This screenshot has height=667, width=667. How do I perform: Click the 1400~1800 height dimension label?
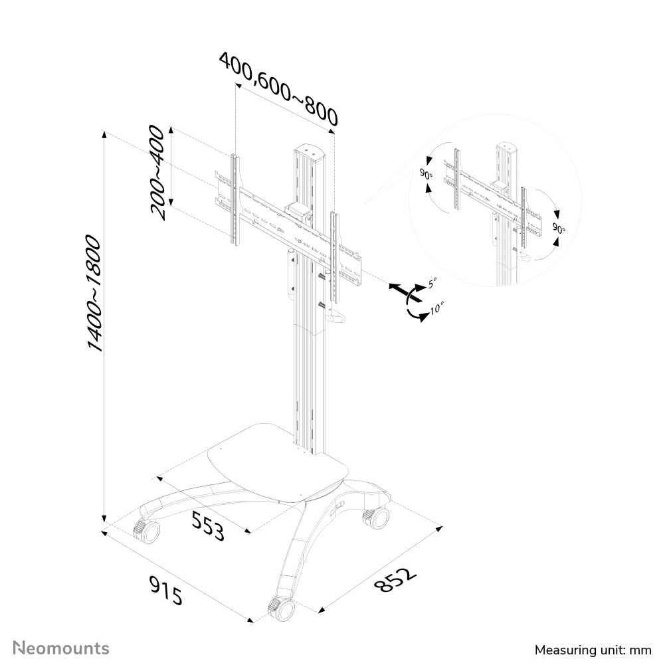[x=94, y=292]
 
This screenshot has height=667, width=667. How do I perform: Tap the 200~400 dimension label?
[x=157, y=172]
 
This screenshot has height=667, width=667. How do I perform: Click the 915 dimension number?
[x=165, y=591]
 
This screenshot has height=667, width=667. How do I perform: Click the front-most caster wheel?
[x=280, y=609]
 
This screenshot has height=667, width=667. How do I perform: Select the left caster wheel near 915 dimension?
[x=147, y=530]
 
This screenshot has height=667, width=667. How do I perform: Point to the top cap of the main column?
[x=308, y=149]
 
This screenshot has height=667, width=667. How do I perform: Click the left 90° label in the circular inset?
[x=425, y=175]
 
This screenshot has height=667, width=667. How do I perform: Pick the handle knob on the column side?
[x=338, y=319]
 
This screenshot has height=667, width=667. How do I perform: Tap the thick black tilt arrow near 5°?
[x=401, y=290]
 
